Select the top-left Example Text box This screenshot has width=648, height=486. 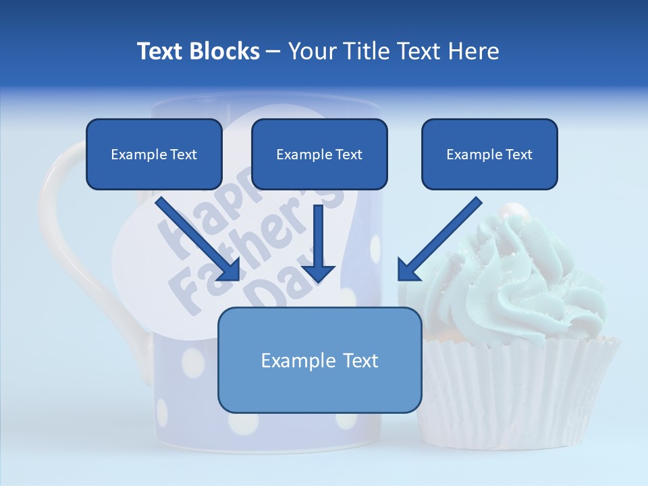point(154,154)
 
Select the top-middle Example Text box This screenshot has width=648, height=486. point(319,154)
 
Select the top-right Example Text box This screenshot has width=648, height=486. point(489,154)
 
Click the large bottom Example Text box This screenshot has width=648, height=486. point(319,360)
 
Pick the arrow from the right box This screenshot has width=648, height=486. point(439,240)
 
